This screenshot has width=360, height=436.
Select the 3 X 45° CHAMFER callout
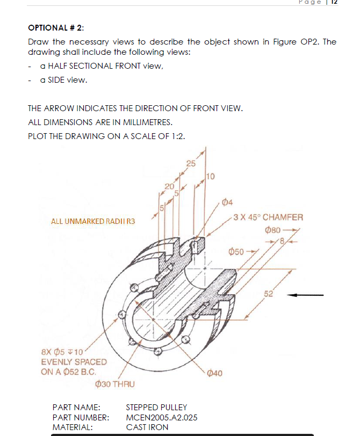(269, 217)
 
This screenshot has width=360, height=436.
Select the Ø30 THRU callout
(114, 384)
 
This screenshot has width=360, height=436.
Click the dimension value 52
(269, 293)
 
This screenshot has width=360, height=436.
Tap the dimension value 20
(170, 186)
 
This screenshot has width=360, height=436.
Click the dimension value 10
(210, 176)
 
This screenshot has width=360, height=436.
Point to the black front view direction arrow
(305, 294)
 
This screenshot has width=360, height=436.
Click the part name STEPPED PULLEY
(156, 408)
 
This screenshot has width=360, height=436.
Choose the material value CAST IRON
(147, 427)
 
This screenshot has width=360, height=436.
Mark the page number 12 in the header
(334, 2)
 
